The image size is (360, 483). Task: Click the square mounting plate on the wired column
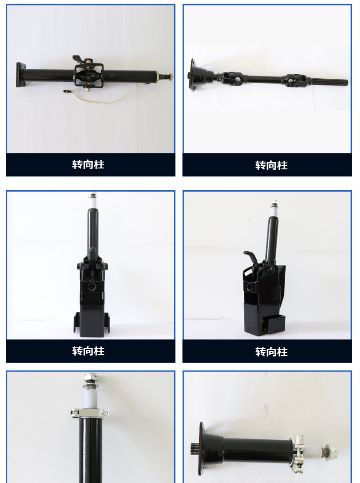tap(20, 75)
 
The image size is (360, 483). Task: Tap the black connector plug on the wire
tap(66, 91)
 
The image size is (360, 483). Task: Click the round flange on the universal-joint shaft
tap(193, 76)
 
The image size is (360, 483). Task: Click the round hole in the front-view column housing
tap(92, 287)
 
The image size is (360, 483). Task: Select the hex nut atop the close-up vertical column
tap(90, 377)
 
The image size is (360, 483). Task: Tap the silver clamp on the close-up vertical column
tap(89, 413)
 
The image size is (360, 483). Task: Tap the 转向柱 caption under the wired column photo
tap(88, 164)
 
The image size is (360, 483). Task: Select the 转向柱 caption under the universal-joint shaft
tap(271, 165)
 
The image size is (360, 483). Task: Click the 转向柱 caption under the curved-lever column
tap(271, 352)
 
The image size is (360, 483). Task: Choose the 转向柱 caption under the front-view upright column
tap(88, 351)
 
